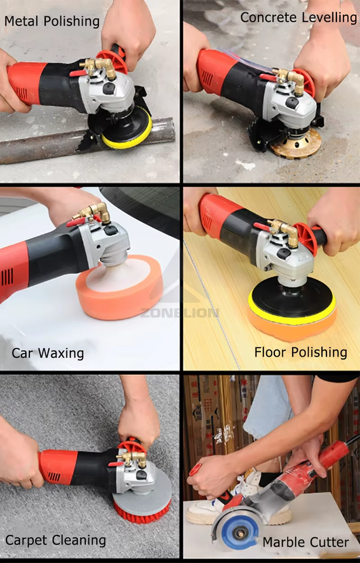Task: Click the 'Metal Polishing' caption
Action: pyautogui.click(x=52, y=22)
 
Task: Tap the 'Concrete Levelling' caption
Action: pyautogui.click(x=298, y=17)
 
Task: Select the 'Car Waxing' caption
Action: pyautogui.click(x=47, y=353)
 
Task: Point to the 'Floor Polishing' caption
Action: pyautogui.click(x=301, y=352)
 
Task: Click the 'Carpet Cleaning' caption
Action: pyautogui.click(x=56, y=540)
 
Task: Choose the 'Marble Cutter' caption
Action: pyautogui.click(x=306, y=542)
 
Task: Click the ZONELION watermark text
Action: pyautogui.click(x=179, y=313)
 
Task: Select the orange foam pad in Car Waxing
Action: pyautogui.click(x=119, y=287)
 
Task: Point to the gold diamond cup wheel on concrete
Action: pyautogui.click(x=296, y=144)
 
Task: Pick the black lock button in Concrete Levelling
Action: pyautogui.click(x=292, y=103)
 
